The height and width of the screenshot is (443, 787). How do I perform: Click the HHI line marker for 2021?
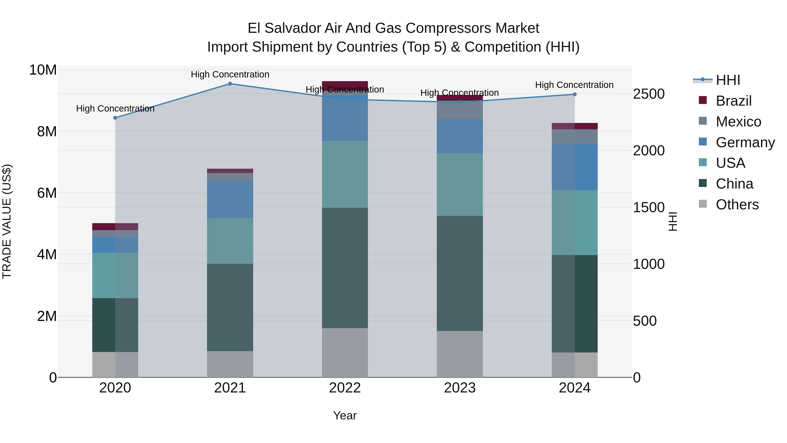230,84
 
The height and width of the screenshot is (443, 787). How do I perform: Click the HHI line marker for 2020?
115,118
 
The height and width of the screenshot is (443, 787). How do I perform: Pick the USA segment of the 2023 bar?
460,185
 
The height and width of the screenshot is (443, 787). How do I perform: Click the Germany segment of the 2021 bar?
230,199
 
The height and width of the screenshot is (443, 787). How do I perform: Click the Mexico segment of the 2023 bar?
460,110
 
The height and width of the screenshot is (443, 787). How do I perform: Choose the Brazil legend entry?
733,101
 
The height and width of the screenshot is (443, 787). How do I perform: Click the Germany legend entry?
745,142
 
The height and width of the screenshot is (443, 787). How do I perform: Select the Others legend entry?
737,205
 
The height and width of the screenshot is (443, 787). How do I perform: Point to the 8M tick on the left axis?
47,132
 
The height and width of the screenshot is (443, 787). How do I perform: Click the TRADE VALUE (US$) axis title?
7,221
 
